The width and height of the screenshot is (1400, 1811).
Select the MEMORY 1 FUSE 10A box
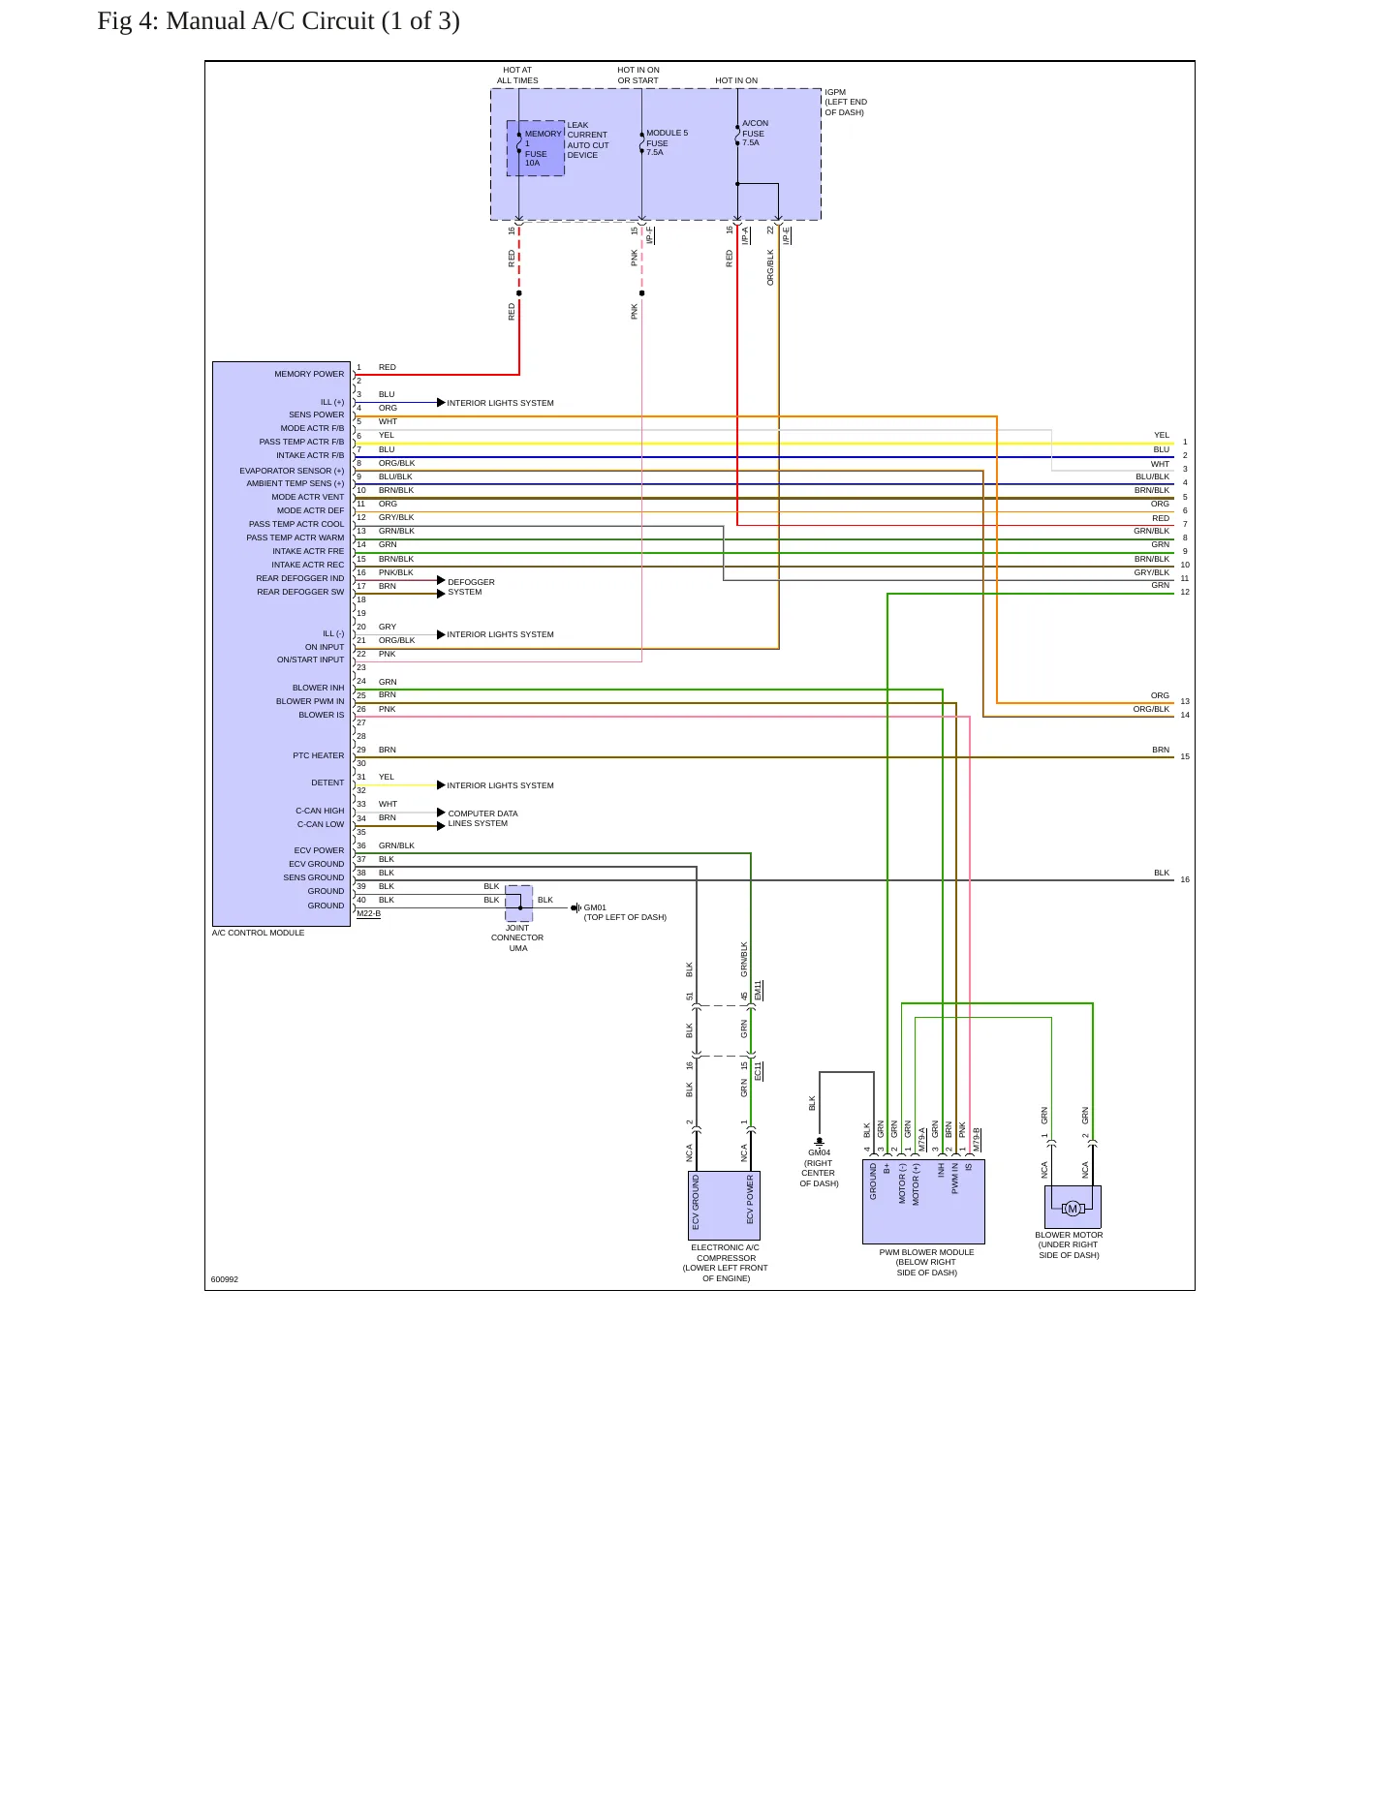[x=536, y=148]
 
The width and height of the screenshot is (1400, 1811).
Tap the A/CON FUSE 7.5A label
[x=755, y=133]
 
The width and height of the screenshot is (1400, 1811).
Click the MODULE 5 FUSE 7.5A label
[x=667, y=142]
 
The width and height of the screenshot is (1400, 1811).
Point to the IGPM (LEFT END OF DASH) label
[x=846, y=103]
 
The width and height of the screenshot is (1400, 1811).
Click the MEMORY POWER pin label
[x=309, y=374]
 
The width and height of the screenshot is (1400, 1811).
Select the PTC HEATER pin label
[x=319, y=755]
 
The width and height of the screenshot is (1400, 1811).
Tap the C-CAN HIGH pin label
[x=320, y=811]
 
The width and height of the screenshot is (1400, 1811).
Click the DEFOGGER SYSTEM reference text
[x=471, y=587]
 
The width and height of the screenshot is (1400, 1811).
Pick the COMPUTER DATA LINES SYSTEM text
[x=482, y=818]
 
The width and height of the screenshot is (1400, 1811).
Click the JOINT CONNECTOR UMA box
[x=519, y=903]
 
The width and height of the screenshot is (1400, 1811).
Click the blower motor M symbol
[x=1072, y=1208]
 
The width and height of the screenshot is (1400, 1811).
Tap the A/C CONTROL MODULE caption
[x=259, y=933]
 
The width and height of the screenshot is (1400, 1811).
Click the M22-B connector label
[x=368, y=913]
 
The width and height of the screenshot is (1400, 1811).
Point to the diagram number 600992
[x=225, y=1279]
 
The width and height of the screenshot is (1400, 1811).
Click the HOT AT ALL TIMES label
[x=517, y=76]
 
